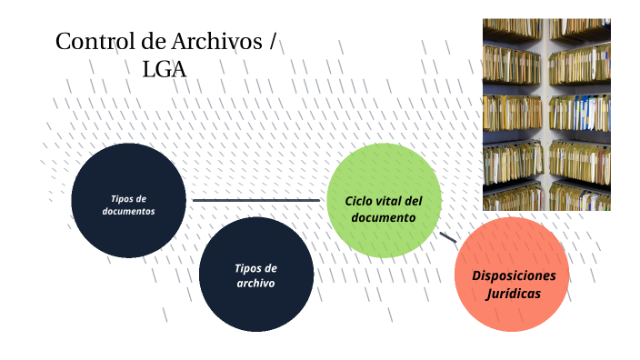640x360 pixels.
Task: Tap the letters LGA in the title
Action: (165, 68)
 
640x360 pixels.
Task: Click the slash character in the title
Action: (274, 42)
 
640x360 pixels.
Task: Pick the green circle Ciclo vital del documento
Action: (384, 200)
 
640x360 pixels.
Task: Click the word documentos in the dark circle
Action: (128, 211)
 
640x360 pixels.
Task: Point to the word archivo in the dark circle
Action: (256, 283)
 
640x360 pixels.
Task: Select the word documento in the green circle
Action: (384, 218)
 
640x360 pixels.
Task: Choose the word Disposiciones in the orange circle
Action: (513, 275)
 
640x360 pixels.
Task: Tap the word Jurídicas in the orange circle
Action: (513, 294)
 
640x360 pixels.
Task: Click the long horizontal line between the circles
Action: (256, 200)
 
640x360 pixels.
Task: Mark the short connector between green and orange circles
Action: (448, 237)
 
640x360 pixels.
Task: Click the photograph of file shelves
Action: (545, 114)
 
